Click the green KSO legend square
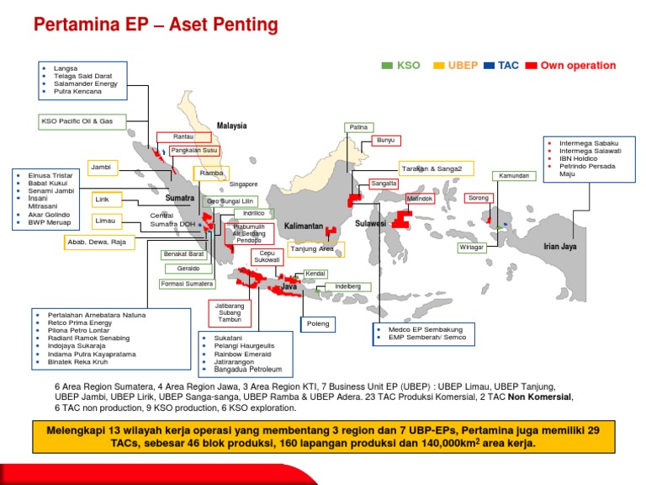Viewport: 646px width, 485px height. click(388, 65)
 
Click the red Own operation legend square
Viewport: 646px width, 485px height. click(531, 65)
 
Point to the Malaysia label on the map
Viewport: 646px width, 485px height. click(232, 126)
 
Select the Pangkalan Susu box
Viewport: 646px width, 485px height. click(194, 151)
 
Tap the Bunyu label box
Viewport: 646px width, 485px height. click(385, 140)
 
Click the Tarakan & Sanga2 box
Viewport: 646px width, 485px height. click(432, 168)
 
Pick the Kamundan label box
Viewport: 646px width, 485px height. click(514, 176)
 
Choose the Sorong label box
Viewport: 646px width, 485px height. click(478, 198)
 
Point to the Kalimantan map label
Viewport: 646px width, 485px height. click(304, 227)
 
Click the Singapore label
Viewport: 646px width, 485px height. click(243, 184)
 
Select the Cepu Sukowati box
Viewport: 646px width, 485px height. click(267, 257)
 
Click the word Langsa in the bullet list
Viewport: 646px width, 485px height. click(65, 68)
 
